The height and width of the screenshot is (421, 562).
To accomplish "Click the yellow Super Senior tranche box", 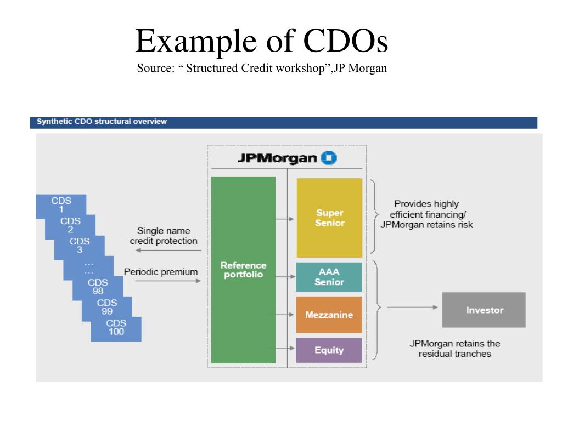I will (x=329, y=218).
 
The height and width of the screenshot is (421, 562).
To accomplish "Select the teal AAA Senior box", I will (x=329, y=277).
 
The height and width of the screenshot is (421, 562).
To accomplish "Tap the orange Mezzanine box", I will (x=329, y=315).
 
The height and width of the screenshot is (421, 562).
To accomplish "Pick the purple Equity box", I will (x=329, y=350).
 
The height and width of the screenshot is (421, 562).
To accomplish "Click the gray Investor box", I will (x=484, y=310).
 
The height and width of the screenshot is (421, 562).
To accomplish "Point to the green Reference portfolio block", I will (x=243, y=270).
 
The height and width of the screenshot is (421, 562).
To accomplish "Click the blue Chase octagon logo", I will (x=330, y=158).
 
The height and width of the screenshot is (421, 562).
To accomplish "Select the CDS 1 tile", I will (x=61, y=205).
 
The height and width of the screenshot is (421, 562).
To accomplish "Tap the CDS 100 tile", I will (x=116, y=327).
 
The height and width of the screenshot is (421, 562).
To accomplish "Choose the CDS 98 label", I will (x=98, y=287).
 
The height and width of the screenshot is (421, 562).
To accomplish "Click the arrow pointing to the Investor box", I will (x=412, y=308).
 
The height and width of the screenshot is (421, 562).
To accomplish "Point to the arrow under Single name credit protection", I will (x=168, y=250).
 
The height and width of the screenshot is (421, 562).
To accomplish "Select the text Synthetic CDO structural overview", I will (x=102, y=122).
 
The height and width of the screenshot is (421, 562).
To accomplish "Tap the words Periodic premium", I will (x=161, y=271).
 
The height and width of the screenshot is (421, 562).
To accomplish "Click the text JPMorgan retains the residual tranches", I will (x=454, y=349).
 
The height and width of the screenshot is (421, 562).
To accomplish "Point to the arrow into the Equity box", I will (x=286, y=348).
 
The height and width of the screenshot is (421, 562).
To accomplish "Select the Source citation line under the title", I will (x=262, y=69).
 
